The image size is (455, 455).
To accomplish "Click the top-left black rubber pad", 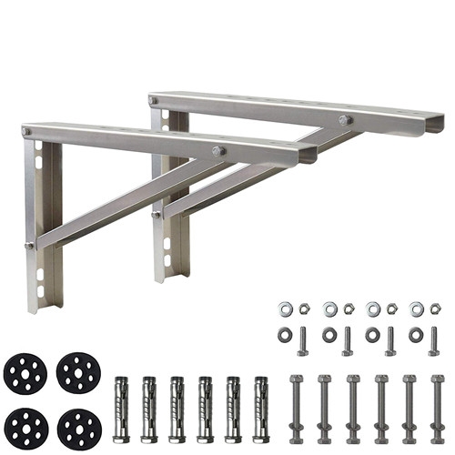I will [x=25, y=371].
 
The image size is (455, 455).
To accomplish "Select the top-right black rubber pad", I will [x=78, y=371].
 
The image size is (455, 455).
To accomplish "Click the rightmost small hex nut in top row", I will [x=436, y=309].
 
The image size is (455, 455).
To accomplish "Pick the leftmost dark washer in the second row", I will [x=286, y=335].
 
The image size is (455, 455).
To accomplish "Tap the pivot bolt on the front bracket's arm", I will [x=218, y=151].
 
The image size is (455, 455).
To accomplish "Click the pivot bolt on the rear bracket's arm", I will [x=346, y=119].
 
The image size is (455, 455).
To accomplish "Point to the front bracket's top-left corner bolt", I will [x=26, y=133].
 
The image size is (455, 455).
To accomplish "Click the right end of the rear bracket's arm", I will [x=437, y=120].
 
